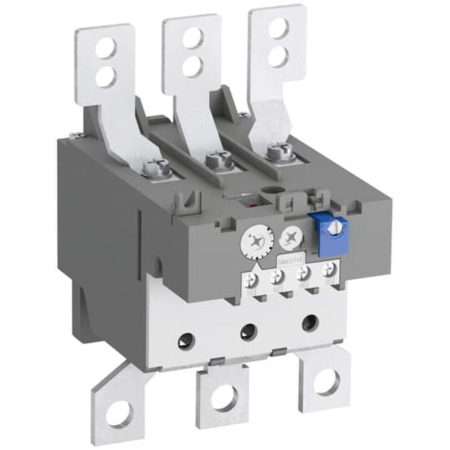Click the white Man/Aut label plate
click(x=289, y=261)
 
